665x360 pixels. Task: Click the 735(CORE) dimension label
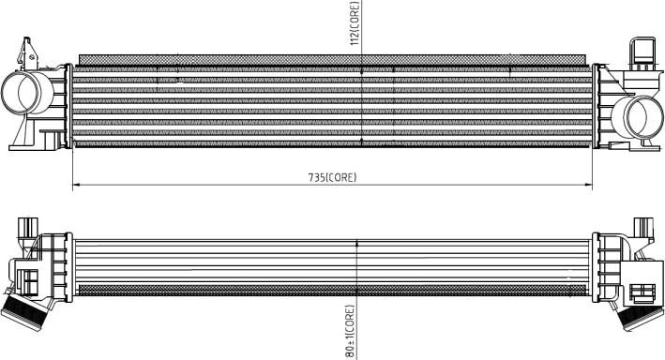332,177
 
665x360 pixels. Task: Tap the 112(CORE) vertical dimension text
355,22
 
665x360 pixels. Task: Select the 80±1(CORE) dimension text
350,332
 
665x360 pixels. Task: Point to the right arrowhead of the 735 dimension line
588,185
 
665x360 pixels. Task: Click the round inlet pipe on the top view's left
27,93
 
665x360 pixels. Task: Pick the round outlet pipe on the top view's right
637,117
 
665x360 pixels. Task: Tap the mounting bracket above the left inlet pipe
28,53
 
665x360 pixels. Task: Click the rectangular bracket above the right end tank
642,53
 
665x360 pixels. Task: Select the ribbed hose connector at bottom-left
25,313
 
